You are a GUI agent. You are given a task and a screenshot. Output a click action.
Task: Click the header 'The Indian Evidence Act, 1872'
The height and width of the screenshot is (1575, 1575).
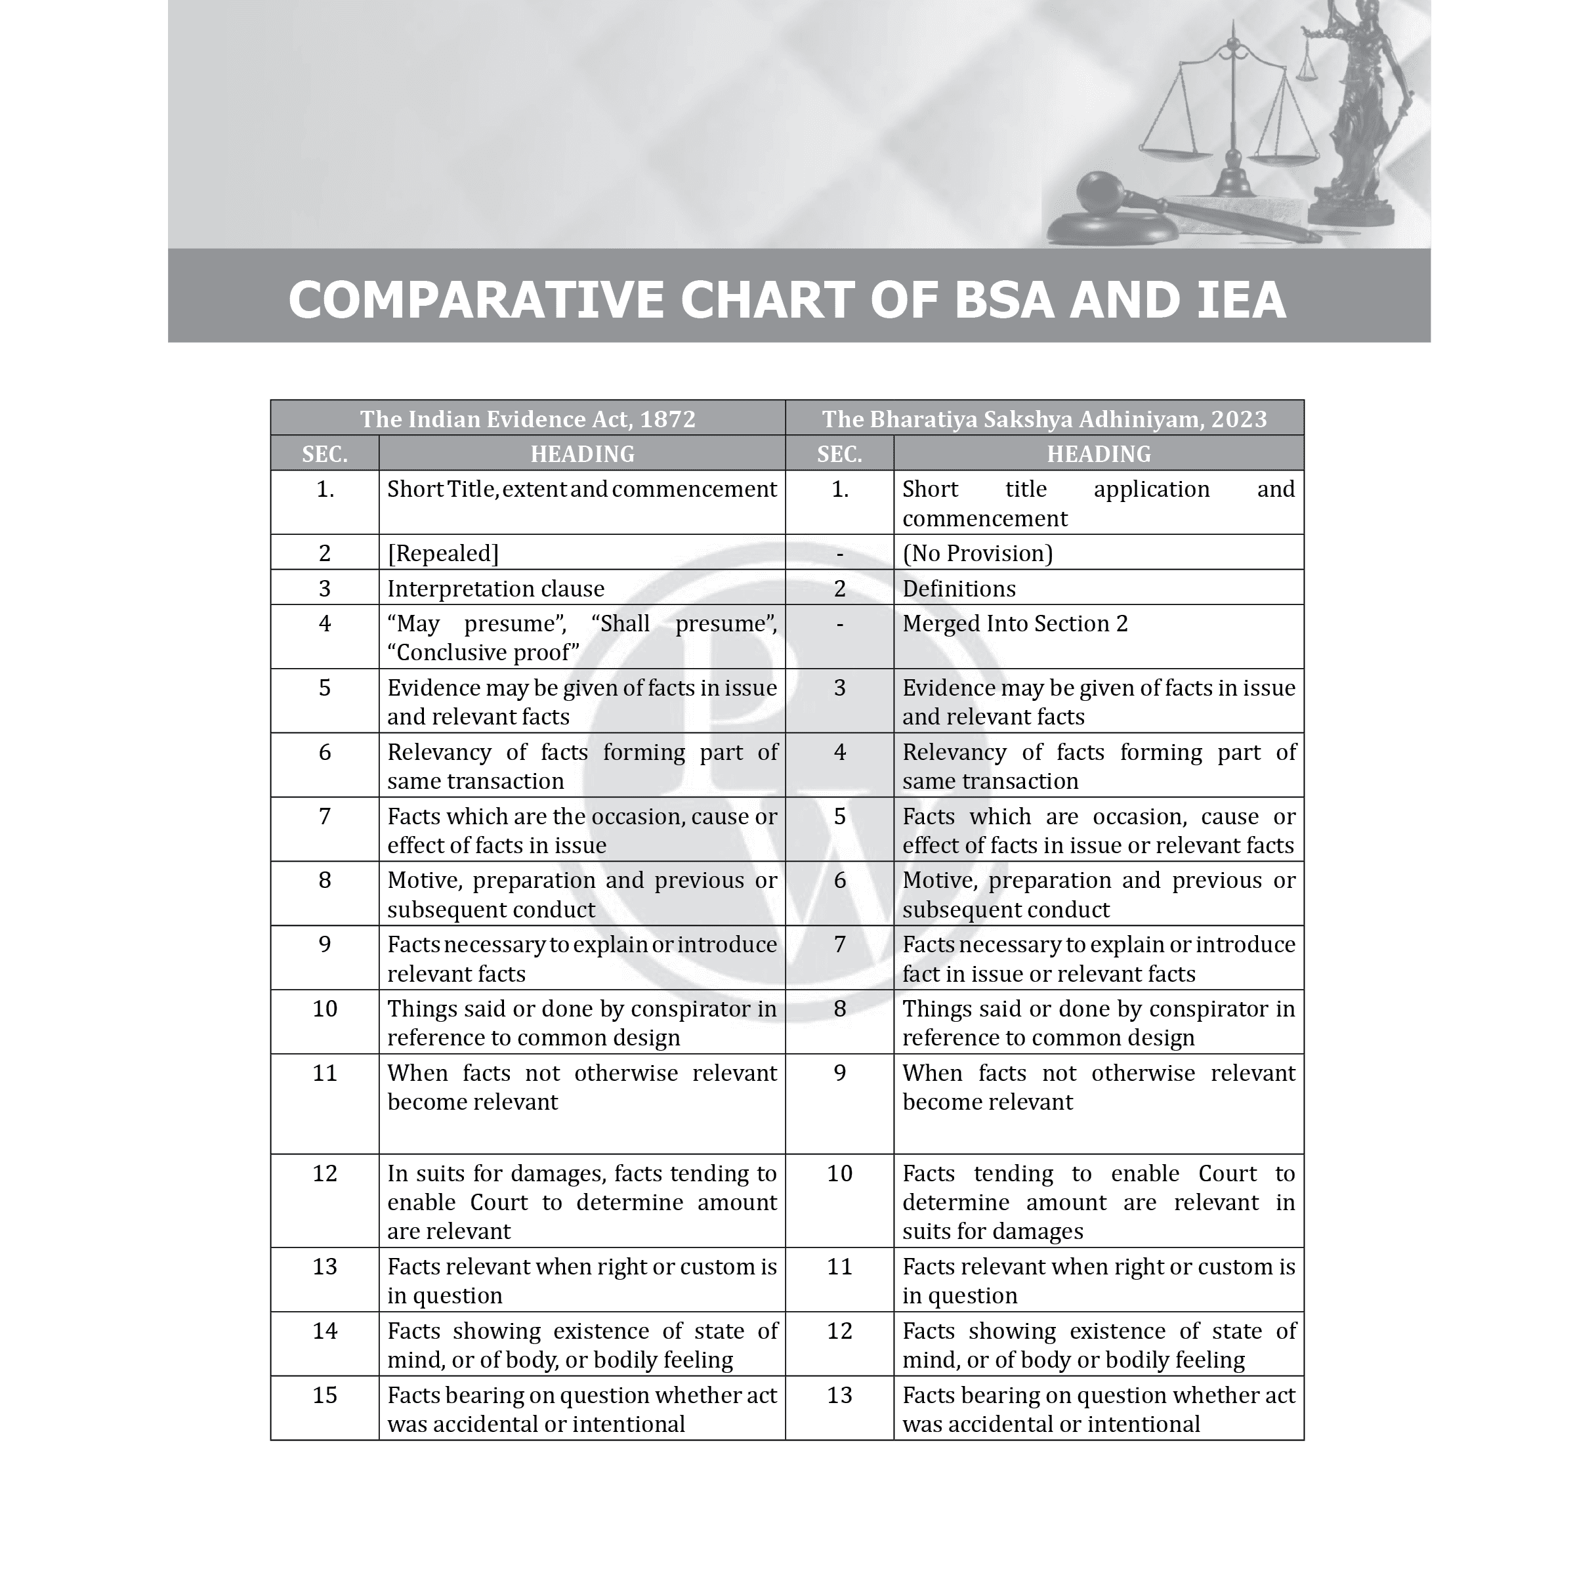point(528,419)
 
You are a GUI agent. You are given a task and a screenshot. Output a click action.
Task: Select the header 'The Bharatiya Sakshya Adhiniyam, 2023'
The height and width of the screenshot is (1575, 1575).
point(1044,419)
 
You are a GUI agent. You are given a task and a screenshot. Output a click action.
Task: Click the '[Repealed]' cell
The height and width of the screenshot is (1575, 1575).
point(443,553)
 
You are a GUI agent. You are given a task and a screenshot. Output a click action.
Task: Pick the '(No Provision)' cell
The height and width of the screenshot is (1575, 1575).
point(977,553)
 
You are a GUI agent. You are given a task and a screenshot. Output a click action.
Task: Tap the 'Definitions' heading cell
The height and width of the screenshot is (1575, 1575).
point(959,589)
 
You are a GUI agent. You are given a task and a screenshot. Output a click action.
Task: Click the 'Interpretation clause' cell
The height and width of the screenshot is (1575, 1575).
point(495,589)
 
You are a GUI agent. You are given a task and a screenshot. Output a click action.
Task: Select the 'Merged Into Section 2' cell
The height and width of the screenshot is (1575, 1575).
point(1015,623)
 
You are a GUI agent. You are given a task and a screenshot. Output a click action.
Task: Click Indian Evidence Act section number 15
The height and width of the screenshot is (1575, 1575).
point(324,1396)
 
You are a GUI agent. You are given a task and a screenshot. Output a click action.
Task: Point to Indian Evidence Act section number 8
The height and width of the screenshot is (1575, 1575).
point(324,881)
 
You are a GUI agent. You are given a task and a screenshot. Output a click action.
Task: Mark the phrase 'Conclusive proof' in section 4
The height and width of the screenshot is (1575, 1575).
point(484,653)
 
